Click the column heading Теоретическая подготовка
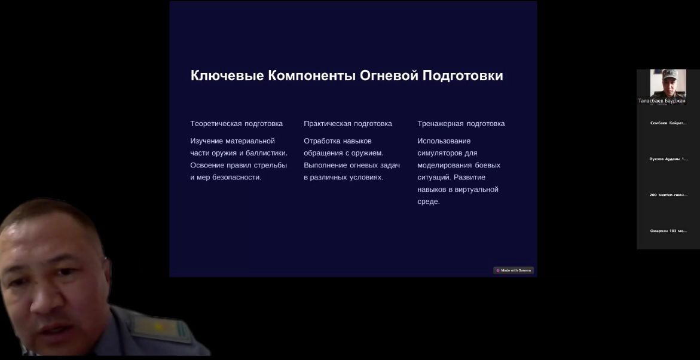click(236, 124)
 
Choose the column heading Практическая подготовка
click(348, 124)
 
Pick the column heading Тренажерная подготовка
click(461, 124)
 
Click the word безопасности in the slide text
click(233, 178)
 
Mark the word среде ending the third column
click(428, 202)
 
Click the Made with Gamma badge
click(513, 270)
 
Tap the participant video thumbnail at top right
click(668, 83)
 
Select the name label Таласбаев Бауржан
click(662, 101)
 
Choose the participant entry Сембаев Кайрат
click(668, 123)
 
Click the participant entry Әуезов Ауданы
click(668, 159)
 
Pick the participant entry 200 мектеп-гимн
click(668, 195)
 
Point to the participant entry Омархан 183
click(668, 231)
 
